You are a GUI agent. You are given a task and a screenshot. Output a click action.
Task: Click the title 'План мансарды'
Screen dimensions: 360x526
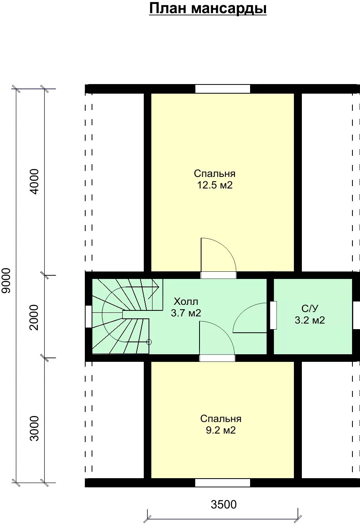coord(208,9)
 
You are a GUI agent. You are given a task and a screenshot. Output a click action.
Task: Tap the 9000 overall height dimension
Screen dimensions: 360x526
coord(6,281)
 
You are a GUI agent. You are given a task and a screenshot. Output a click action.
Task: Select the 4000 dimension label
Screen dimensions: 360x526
coord(35,182)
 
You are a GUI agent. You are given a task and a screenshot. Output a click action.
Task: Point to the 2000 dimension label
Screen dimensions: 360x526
coord(34,318)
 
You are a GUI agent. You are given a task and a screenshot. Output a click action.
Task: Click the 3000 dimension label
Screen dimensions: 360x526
coord(35,428)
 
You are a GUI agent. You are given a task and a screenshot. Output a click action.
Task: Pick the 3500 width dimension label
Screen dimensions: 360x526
coord(224,504)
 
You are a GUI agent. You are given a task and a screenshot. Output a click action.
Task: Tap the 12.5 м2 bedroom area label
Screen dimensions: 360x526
coord(215,185)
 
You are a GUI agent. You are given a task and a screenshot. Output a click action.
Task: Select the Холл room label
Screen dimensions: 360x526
coord(186,301)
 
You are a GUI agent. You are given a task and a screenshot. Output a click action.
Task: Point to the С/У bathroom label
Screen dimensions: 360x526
coord(310,308)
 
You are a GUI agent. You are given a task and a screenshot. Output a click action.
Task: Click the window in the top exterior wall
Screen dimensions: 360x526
coord(223,89)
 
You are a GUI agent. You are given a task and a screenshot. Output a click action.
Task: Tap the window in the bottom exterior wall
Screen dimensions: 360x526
coord(223,483)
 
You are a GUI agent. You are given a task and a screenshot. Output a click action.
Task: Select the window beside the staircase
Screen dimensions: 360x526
coord(88,316)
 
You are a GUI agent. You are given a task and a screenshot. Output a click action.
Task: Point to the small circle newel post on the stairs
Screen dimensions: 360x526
coord(149,342)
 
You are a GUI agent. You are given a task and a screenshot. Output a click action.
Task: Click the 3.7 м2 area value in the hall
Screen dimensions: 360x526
coord(186,313)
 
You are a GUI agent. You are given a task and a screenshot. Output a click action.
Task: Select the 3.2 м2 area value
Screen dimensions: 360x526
coord(310,320)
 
